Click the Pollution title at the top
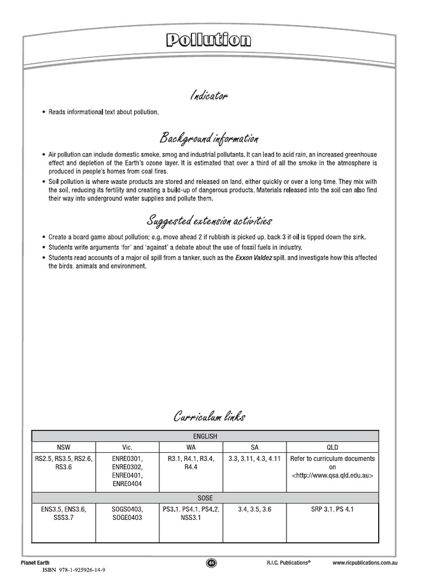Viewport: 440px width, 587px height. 209,40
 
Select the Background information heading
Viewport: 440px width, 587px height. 209,139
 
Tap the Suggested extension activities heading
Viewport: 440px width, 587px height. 209,221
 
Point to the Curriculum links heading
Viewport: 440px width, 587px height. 209,417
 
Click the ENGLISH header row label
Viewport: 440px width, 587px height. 205,436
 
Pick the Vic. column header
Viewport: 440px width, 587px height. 128,447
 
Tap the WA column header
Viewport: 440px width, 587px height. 191,447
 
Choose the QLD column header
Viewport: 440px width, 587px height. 332,447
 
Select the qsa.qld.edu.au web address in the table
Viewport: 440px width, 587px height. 332,476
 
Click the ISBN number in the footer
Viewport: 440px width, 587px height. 74,571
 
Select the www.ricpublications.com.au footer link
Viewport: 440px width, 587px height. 365,563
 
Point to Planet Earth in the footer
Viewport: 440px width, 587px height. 37,563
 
